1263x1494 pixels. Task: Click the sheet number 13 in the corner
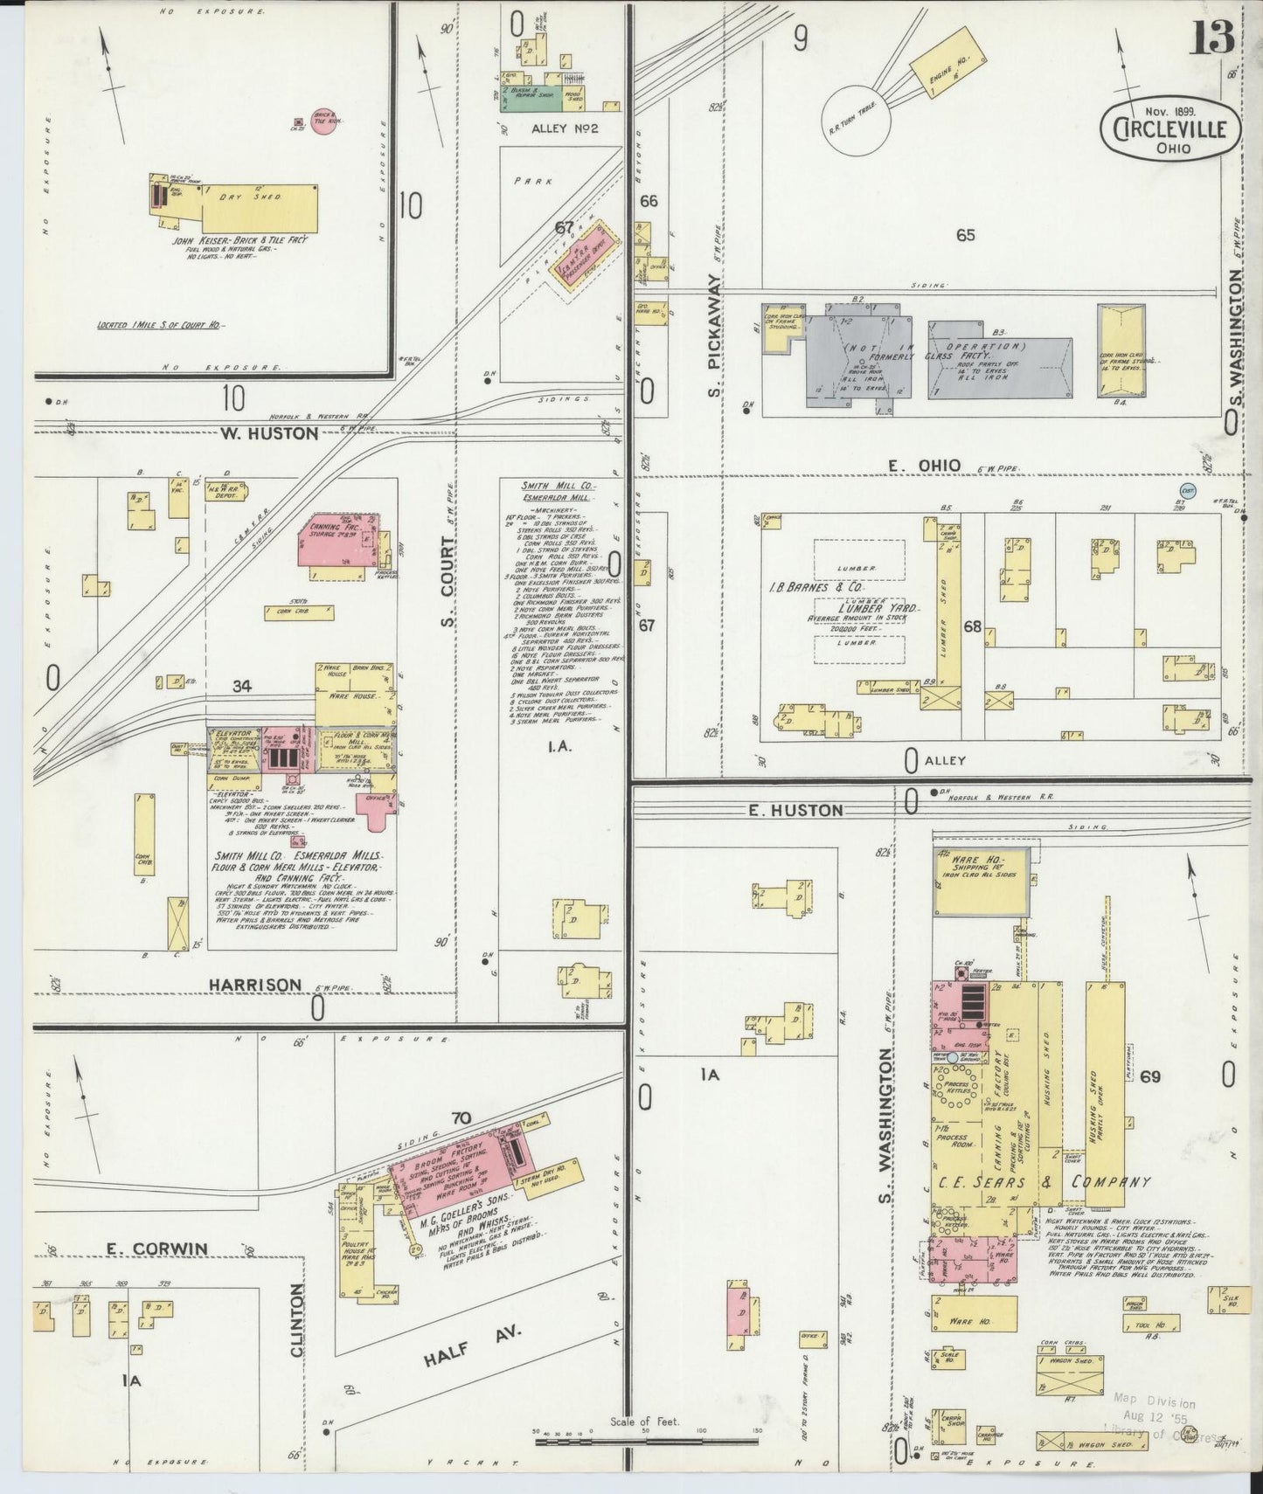(1210, 37)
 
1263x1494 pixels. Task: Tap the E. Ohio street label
(924, 466)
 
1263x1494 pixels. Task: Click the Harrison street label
(255, 985)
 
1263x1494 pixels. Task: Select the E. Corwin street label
(156, 1249)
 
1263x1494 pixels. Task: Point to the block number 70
(461, 1117)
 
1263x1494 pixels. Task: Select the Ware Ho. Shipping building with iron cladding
(980, 882)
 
